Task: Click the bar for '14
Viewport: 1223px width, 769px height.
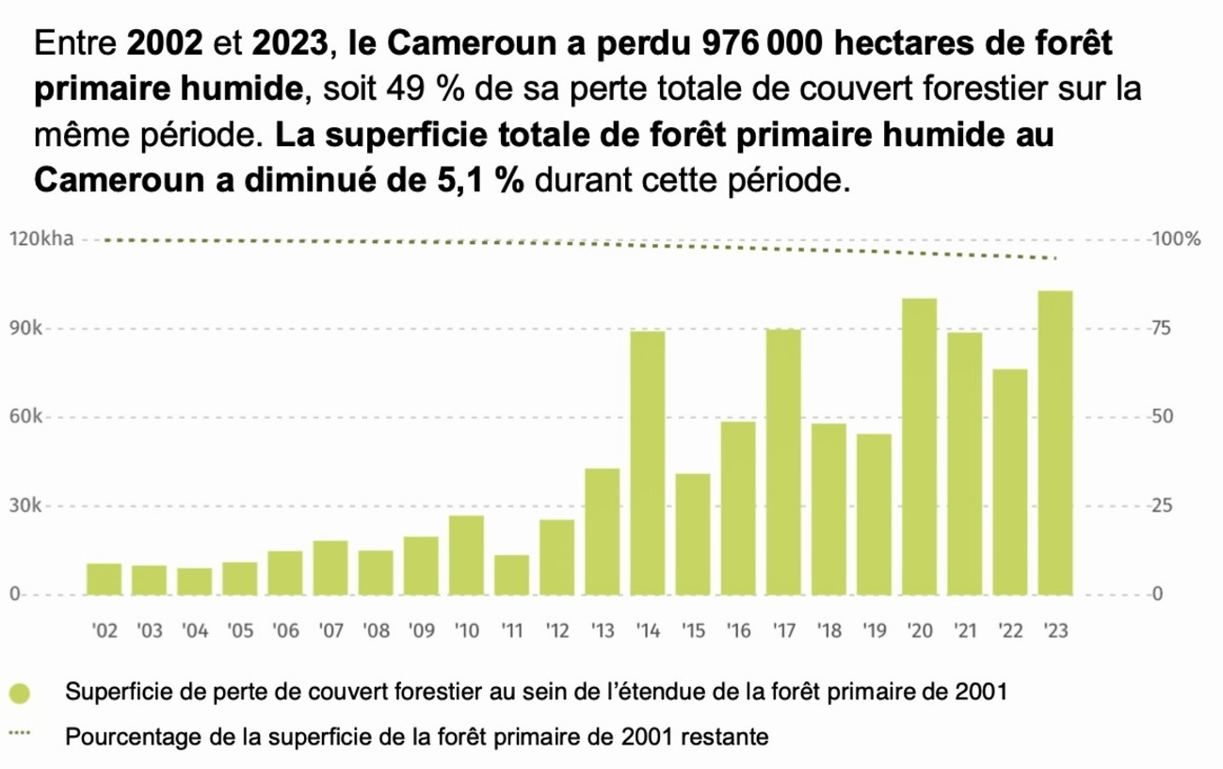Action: [x=648, y=463]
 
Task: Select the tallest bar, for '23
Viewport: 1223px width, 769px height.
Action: [x=1055, y=443]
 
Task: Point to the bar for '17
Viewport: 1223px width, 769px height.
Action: [x=783, y=462]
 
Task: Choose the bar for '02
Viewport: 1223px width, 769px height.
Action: [x=105, y=579]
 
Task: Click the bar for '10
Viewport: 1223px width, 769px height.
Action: [x=467, y=555]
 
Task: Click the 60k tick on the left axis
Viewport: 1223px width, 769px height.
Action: [x=25, y=417]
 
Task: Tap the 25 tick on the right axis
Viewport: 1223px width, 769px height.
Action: [x=1160, y=506]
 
